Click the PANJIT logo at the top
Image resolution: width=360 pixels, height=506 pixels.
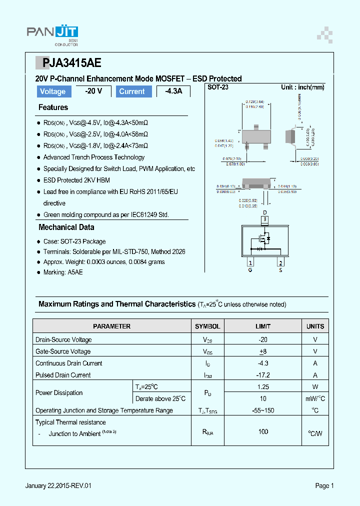52,34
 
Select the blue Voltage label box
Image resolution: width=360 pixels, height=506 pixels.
53,91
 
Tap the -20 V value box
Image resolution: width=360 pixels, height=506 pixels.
93,91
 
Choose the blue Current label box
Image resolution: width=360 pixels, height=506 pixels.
132,91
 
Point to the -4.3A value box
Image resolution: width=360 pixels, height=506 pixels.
173,91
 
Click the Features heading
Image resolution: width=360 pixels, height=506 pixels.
53,107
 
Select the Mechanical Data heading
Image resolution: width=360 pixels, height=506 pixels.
66,227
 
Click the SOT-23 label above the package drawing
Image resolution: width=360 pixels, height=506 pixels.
218,87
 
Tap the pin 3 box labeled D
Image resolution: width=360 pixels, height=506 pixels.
265,219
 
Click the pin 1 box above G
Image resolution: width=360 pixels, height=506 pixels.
250,263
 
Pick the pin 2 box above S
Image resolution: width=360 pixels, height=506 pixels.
281,263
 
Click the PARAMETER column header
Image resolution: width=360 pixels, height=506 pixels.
112,326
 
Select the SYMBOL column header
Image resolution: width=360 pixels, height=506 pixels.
207,326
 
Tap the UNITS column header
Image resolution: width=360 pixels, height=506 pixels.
315,326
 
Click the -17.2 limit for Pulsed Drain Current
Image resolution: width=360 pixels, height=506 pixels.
263,375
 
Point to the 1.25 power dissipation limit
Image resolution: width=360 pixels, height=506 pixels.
263,386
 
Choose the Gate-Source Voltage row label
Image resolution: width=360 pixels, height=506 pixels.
63,351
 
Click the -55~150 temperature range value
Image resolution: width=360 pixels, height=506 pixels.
263,410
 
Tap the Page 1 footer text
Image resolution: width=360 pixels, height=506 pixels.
324,485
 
